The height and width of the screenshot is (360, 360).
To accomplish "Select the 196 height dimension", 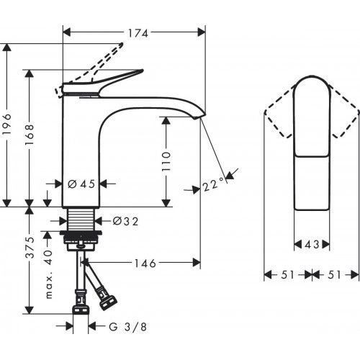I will tap(8, 126).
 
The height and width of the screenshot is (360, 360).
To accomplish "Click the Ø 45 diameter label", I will tap(81, 184).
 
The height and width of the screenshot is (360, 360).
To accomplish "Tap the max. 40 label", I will tap(49, 269).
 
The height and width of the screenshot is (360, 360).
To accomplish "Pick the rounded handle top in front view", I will tap(312, 108).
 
